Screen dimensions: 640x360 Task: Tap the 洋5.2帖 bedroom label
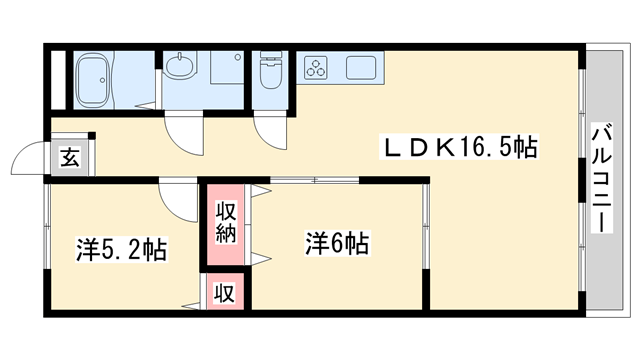(121, 249)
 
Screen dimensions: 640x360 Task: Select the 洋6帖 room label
(337, 242)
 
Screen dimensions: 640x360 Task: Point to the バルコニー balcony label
(603, 178)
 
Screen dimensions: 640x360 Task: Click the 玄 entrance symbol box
(70, 157)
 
